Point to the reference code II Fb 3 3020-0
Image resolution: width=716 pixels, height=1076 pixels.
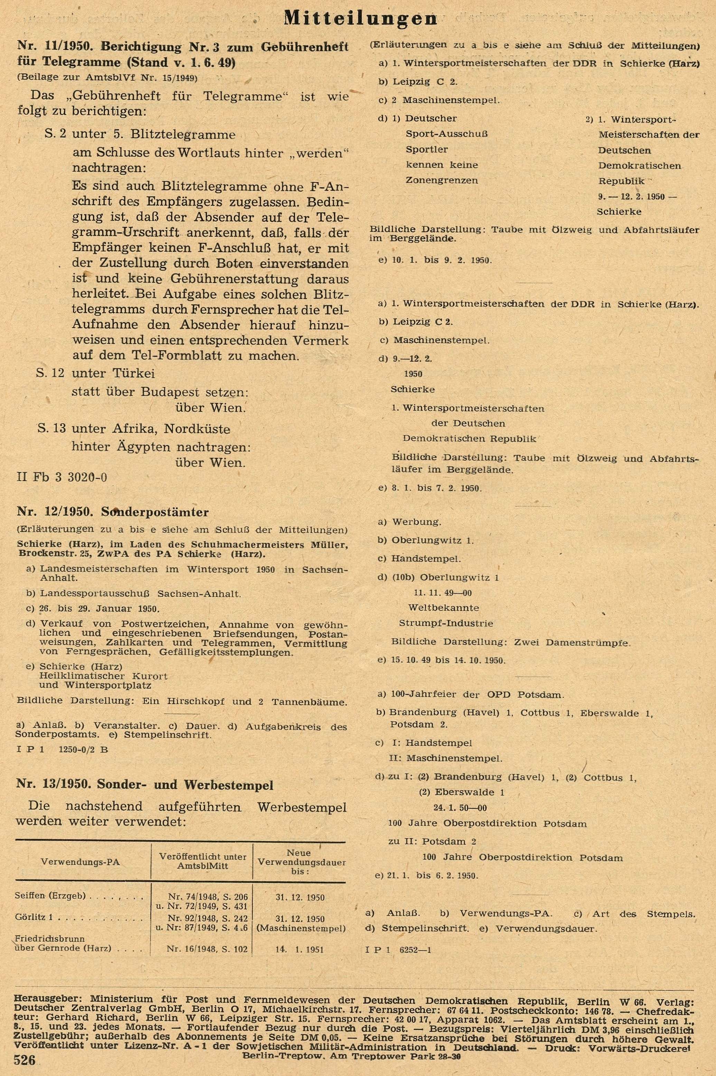pos(62,477)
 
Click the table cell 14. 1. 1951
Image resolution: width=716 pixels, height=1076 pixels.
pos(300,949)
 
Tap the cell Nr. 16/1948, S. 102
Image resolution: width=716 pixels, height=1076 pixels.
pos(207,949)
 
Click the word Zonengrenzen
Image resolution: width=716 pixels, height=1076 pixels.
pos(442,180)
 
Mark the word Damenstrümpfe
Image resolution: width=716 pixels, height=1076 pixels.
pos(595,642)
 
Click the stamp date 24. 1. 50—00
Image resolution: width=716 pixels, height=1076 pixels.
pos(463,807)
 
